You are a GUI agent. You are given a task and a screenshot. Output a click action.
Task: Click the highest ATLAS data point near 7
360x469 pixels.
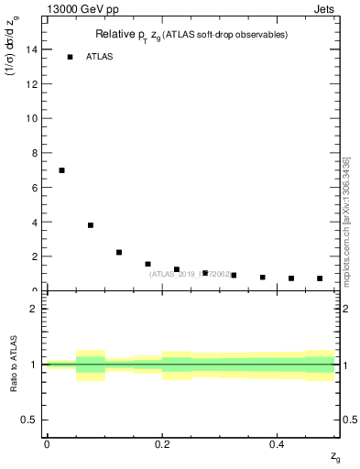pos(61,170)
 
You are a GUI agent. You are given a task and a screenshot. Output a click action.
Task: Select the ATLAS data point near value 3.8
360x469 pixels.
pos(91,225)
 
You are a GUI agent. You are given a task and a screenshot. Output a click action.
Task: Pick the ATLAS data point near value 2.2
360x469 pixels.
pos(119,252)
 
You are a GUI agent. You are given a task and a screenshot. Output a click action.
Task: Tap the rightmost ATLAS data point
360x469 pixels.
pos(320,278)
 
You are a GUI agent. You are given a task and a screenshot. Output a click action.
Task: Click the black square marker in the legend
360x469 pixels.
pos(70,57)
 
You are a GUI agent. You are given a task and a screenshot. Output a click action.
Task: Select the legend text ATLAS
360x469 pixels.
pos(101,57)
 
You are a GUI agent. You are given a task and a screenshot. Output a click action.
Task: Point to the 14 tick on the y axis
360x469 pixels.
pos(34,49)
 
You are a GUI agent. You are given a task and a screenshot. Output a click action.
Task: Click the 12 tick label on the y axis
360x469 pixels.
pos(34,84)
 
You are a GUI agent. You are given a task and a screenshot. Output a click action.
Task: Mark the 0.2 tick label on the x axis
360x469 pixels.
pos(161,443)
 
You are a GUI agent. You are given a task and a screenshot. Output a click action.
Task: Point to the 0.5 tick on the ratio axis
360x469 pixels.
pos(32,420)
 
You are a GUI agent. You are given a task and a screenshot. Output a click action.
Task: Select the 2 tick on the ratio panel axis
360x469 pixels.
pos(36,309)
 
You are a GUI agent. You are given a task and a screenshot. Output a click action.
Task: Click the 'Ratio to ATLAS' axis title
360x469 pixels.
pos(14,365)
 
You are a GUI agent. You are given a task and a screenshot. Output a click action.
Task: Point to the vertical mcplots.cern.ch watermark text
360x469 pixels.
pos(345,220)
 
